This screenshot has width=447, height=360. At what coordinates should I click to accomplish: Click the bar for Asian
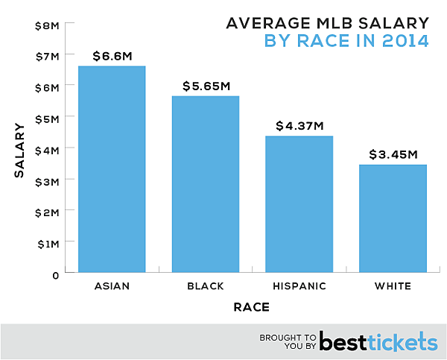[x=112, y=170]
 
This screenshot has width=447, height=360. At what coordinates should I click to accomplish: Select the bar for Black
[x=206, y=185]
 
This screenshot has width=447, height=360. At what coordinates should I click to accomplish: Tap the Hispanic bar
[x=299, y=205]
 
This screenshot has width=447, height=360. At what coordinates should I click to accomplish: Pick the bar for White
[x=393, y=219]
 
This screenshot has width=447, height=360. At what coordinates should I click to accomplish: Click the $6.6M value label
[x=112, y=55]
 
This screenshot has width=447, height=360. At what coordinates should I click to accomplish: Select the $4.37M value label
[x=299, y=125]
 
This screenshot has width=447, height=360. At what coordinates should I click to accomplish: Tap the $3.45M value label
[x=393, y=154]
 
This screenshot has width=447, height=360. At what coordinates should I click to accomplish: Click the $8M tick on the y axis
[x=46, y=25]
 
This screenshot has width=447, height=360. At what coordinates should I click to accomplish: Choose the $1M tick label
[x=46, y=243]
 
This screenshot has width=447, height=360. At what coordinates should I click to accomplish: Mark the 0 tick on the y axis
[x=55, y=274]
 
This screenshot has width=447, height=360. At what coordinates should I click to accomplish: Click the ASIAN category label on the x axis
[x=112, y=287]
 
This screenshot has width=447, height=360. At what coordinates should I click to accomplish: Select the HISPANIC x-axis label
[x=299, y=287]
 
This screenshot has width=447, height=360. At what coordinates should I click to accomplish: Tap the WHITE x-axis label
[x=393, y=287]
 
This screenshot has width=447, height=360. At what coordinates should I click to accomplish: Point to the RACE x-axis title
[x=251, y=307]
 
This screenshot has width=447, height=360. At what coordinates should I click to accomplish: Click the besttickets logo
[x=378, y=341]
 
